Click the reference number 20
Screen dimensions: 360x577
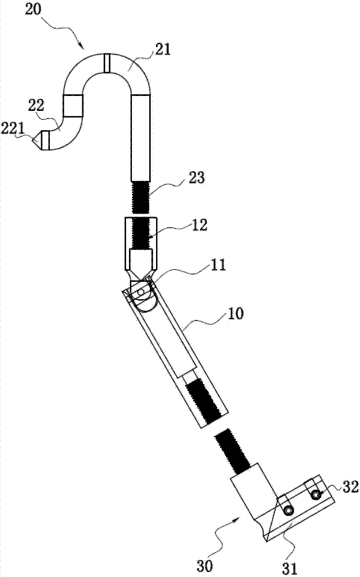click(33, 9)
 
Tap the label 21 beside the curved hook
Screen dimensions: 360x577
click(163, 48)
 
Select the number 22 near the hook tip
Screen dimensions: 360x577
click(36, 106)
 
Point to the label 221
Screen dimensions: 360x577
click(12, 129)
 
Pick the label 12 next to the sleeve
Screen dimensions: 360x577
click(199, 224)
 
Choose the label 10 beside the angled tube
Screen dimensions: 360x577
click(235, 314)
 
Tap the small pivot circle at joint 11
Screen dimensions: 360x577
click(140, 291)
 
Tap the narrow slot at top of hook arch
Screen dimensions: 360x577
click(106, 63)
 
